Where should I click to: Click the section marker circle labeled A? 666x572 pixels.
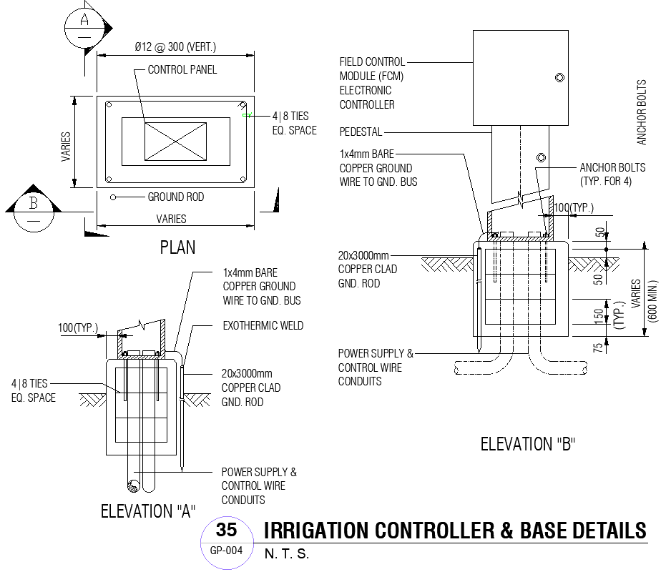pyautogui.click(x=85, y=26)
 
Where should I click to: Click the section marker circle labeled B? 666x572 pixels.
pyautogui.click(x=33, y=211)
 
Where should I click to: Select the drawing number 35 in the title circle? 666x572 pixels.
pyautogui.click(x=226, y=531)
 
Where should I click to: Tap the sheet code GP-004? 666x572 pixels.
pyautogui.click(x=226, y=551)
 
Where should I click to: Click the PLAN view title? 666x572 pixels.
pyautogui.click(x=177, y=248)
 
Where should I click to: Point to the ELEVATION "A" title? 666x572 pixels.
pyautogui.click(x=148, y=511)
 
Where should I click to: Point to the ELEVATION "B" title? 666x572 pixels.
pyautogui.click(x=528, y=444)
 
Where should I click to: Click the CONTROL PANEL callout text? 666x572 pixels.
pyautogui.click(x=182, y=69)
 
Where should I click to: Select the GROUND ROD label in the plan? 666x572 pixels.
pyautogui.click(x=175, y=197)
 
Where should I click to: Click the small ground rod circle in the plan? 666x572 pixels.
pyautogui.click(x=112, y=197)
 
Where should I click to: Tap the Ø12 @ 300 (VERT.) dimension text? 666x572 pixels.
pyautogui.click(x=175, y=47)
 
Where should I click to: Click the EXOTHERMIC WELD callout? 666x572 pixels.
pyautogui.click(x=263, y=325)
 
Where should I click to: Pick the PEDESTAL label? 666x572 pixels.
pyautogui.click(x=361, y=132)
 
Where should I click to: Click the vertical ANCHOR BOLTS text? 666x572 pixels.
pyautogui.click(x=641, y=112)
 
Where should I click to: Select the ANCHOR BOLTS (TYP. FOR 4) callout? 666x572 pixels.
pyautogui.click(x=612, y=174)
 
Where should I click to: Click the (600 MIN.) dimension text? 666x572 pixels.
pyautogui.click(x=653, y=300)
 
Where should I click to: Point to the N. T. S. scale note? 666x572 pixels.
pyautogui.click(x=287, y=554)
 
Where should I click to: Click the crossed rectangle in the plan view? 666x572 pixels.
pyautogui.click(x=175, y=141)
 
